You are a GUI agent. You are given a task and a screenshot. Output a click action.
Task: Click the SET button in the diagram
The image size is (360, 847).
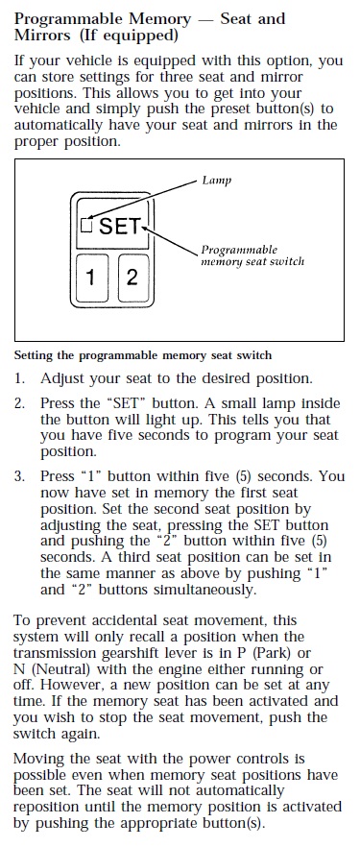[111, 224]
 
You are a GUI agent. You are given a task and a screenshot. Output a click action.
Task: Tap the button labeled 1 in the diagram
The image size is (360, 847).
[90, 278]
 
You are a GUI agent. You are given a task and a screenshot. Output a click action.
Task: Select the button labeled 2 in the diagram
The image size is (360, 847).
[132, 278]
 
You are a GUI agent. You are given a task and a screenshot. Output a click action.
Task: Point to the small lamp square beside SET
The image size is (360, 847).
[86, 224]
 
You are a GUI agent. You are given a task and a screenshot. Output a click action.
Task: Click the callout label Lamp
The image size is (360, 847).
[216, 181]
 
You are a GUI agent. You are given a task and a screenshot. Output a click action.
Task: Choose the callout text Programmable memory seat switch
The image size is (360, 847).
[252, 255]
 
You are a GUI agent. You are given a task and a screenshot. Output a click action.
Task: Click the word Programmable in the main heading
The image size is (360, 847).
[68, 20]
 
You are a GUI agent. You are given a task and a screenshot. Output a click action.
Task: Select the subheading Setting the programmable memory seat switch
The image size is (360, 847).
[142, 356]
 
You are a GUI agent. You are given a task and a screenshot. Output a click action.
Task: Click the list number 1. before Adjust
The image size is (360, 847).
[19, 378]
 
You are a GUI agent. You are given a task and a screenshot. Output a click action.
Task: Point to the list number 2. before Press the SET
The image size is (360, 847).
[19, 403]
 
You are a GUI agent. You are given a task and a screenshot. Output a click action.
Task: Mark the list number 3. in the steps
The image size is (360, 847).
[19, 476]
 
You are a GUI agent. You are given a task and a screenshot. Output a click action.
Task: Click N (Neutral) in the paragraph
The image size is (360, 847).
[51, 670]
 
